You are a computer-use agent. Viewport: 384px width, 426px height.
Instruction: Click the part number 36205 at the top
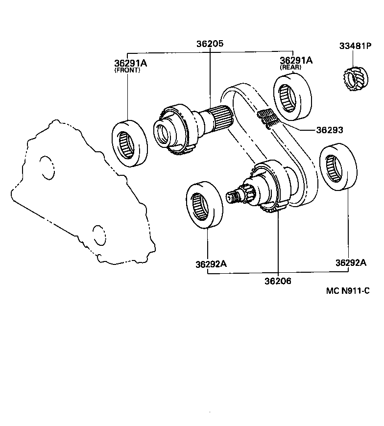pos(210,44)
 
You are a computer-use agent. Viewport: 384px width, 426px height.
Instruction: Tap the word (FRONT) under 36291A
pos(127,70)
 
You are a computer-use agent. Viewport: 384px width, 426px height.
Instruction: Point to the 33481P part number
pos(355,47)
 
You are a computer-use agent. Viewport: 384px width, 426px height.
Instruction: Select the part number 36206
pos(278,281)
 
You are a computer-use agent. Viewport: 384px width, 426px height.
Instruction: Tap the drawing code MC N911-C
pos(348,290)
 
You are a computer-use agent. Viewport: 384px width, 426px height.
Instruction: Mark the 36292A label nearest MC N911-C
pos(351,262)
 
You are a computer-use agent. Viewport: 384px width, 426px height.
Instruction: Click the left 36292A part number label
pos(211,264)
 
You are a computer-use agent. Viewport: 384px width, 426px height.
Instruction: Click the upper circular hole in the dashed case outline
pos(46,167)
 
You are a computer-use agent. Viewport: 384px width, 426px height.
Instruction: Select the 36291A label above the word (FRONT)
pos(131,63)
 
